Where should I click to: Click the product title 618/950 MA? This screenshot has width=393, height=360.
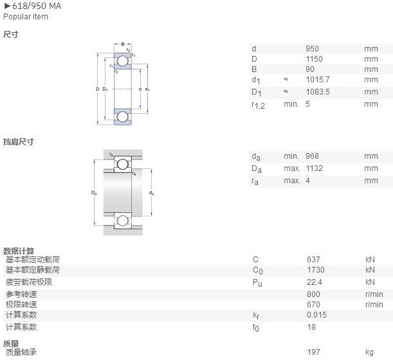tap(37, 6)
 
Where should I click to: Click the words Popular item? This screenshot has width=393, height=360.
tap(26, 17)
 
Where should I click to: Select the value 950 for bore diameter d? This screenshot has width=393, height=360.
tap(312, 49)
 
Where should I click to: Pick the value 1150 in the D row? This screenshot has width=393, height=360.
tap(314, 59)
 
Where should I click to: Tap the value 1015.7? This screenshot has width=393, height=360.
tap(318, 80)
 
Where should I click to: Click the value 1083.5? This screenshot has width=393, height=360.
tap(318, 92)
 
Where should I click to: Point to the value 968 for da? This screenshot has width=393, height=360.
tap(312, 156)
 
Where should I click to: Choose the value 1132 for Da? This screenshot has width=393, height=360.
tap(314, 168)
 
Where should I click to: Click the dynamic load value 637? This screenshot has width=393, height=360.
tap(313, 260)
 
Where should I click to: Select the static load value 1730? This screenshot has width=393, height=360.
tap(316, 270)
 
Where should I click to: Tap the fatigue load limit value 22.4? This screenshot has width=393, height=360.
tap(315, 282)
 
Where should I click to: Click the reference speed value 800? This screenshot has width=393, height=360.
tap(313, 294)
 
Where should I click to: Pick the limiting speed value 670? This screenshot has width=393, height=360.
tap(313, 304)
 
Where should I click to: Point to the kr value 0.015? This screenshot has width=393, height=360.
tap(316, 314)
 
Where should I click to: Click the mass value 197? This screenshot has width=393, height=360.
tap(313, 352)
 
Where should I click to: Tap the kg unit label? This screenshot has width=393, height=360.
tap(369, 352)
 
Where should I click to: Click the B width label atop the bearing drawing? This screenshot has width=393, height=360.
tap(123, 44)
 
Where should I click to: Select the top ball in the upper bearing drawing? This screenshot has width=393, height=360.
tap(123, 61)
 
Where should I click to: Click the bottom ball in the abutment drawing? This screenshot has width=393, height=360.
tap(123, 221)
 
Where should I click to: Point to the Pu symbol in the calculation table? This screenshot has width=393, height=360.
tap(257, 283)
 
